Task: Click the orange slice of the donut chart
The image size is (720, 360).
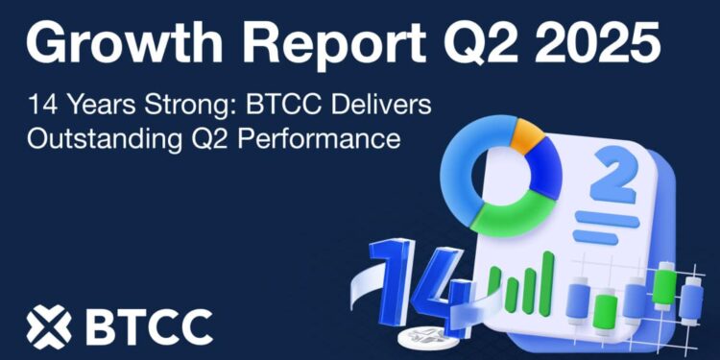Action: click(525, 134)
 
